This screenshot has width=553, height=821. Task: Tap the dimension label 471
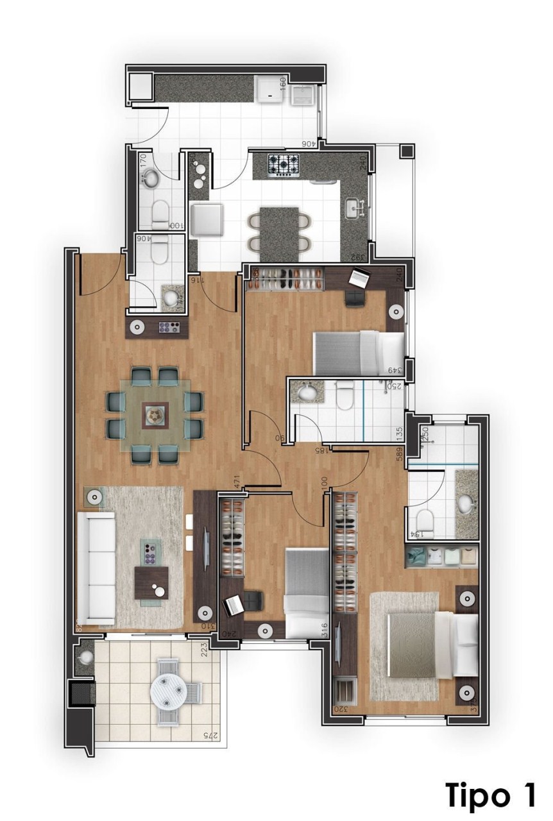point(237,482)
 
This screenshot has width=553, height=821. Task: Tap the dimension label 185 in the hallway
point(321,450)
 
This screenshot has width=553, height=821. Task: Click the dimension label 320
point(340,710)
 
